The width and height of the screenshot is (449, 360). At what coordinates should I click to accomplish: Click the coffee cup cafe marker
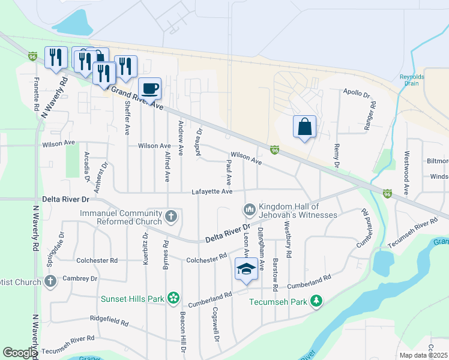click(x=150, y=89)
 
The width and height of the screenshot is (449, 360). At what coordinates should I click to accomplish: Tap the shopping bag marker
click(x=305, y=127)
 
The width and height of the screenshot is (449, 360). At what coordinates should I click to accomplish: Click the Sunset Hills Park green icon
click(x=173, y=297)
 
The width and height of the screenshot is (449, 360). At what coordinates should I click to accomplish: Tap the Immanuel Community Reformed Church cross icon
click(x=171, y=215)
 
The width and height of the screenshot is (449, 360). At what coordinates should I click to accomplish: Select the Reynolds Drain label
click(x=412, y=80)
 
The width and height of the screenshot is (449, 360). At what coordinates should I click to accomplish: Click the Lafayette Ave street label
click(x=212, y=192)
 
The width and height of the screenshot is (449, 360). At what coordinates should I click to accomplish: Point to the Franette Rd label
click(x=37, y=95)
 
